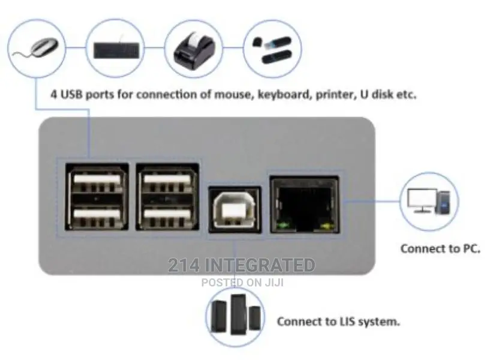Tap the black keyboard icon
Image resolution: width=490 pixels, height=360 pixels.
(116, 50)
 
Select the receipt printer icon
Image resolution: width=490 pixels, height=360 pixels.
(193, 50)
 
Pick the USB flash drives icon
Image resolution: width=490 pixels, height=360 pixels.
(272, 49)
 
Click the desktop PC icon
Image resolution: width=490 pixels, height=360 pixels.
(429, 201)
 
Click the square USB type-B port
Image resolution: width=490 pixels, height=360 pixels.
(235, 209)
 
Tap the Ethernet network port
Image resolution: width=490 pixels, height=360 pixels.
(304, 205)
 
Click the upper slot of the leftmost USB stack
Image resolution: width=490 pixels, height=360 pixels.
(97, 181)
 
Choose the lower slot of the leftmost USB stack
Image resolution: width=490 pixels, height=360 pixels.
(97, 215)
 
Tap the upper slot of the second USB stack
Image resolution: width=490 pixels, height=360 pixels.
(167, 181)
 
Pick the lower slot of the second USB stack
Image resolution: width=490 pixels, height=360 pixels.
(167, 215)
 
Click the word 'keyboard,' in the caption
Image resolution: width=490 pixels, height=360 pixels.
(284, 94)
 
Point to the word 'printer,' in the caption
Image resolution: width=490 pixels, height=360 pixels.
(336, 94)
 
